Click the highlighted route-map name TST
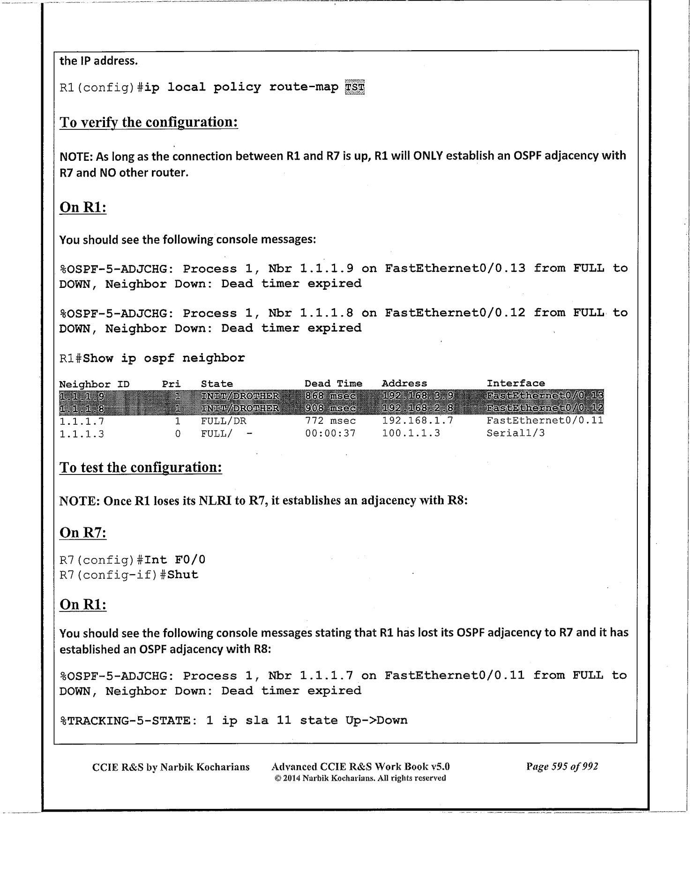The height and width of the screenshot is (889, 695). (x=354, y=88)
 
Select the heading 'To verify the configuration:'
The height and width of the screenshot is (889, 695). (x=149, y=122)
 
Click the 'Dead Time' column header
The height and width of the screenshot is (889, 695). (x=333, y=384)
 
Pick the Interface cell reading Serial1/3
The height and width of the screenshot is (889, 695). (x=516, y=433)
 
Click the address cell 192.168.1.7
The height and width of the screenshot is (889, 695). (x=417, y=421)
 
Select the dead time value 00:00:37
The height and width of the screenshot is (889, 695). (x=330, y=433)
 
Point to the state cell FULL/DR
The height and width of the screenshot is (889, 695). (x=224, y=421)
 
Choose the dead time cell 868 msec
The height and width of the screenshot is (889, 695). (x=330, y=396)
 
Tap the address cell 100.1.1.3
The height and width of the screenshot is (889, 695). (x=411, y=433)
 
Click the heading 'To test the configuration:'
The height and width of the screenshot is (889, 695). (x=141, y=467)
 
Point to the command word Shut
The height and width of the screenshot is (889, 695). (x=183, y=575)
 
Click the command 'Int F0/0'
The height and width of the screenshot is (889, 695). (x=175, y=560)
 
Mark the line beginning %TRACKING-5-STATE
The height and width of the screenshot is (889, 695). (x=233, y=720)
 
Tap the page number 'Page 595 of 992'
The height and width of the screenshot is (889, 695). (x=562, y=766)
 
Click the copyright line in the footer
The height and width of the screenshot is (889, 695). (x=360, y=778)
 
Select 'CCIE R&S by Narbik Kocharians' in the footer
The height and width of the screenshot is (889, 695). (x=171, y=767)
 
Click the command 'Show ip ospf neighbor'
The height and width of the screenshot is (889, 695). (x=164, y=359)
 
